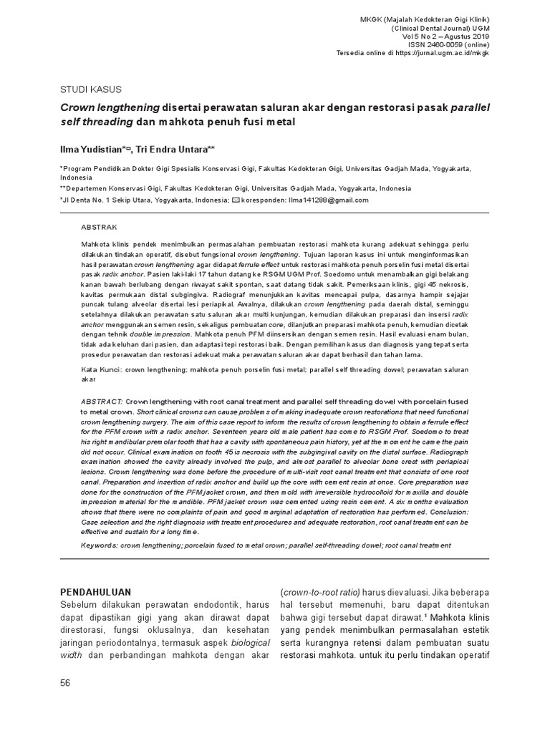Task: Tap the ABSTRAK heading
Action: point(99,226)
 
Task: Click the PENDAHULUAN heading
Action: point(95,591)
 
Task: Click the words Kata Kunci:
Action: point(99,369)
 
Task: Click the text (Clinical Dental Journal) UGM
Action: point(438,26)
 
